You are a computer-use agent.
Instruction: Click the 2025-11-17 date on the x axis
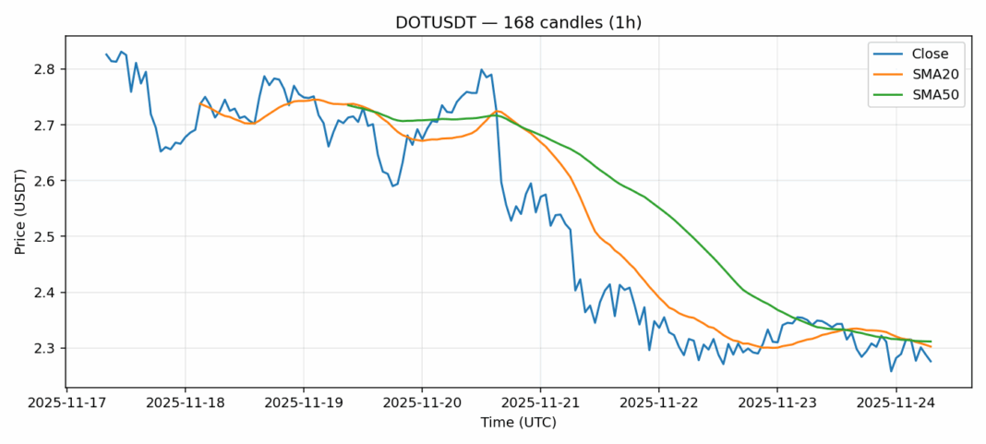(x=66, y=402)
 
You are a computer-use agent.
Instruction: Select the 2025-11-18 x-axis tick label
(x=185, y=402)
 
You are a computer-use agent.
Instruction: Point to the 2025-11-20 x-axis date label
(x=422, y=402)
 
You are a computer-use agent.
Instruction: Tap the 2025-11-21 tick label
(x=540, y=402)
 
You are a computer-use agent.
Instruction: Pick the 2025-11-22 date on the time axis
(x=658, y=402)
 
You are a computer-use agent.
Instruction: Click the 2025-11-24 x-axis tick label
(x=896, y=402)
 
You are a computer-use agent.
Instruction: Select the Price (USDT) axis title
(x=20, y=211)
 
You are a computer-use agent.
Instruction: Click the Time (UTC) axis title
(x=518, y=423)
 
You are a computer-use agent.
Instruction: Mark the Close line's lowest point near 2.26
(x=891, y=371)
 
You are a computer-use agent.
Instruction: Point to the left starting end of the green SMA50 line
(x=347, y=105)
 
